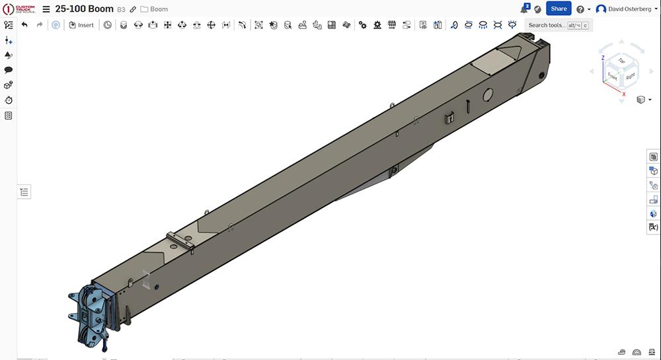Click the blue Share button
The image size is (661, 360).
pyautogui.click(x=559, y=9)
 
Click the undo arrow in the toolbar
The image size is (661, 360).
pyautogui.click(x=24, y=25)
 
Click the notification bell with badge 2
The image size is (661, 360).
pyautogui.click(x=524, y=9)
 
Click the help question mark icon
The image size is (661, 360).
pyautogui.click(x=580, y=9)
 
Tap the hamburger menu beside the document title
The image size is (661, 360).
pyautogui.click(x=46, y=9)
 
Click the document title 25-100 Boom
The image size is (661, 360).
pyautogui.click(x=85, y=9)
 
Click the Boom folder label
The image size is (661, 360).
pyautogui.click(x=159, y=9)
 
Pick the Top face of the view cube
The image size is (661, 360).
pyautogui.click(x=621, y=60)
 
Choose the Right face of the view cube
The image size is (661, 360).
pyautogui.click(x=630, y=76)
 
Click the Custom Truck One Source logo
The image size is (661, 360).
pyautogui.click(x=19, y=9)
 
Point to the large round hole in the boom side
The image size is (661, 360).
pyautogui.click(x=487, y=94)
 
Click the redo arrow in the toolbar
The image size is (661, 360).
pyautogui.click(x=40, y=25)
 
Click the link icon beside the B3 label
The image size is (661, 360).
pyautogui.click(x=133, y=9)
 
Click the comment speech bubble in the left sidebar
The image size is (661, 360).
pyautogui.click(x=9, y=70)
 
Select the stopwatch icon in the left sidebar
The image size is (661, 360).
pyautogui.click(x=9, y=100)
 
